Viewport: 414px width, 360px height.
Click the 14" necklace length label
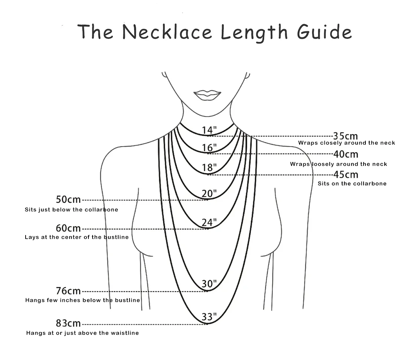[209, 130]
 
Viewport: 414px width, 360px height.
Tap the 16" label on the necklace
[209, 148]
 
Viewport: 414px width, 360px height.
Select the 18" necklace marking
[209, 168]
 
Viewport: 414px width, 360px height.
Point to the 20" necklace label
[209, 194]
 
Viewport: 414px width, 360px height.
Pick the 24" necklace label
[209, 223]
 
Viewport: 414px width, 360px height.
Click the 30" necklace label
[209, 284]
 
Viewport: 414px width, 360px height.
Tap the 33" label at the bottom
[209, 317]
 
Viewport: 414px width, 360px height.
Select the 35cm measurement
[345, 136]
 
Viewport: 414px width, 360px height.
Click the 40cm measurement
[346, 154]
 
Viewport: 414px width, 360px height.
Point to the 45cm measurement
[346, 175]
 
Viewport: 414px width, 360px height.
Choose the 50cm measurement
[68, 200]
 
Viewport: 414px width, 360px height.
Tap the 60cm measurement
[68, 228]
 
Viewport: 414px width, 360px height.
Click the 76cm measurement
[68, 291]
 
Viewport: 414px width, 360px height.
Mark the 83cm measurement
[68, 323]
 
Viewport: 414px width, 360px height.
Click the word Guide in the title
[324, 32]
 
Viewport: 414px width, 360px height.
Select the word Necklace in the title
[167, 32]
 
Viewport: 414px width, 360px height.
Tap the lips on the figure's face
[207, 95]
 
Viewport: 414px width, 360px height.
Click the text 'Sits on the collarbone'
[352, 183]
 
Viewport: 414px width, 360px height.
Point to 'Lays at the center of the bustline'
[76, 237]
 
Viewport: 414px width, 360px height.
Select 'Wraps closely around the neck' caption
[346, 143]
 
